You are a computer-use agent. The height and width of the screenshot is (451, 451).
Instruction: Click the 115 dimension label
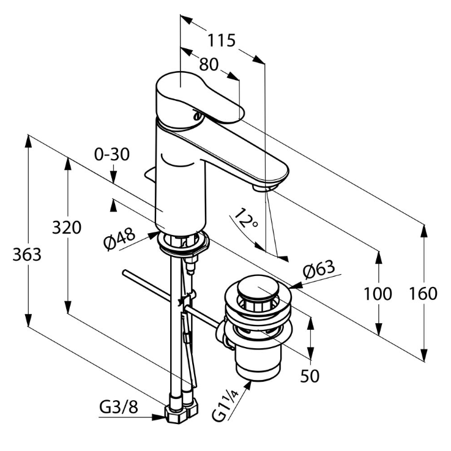221,40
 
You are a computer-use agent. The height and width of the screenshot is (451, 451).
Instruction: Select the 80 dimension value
209,64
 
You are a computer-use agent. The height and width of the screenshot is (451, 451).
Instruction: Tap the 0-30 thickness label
112,155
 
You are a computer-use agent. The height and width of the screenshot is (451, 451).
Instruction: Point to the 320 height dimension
67,228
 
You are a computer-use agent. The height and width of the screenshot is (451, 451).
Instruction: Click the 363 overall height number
27,255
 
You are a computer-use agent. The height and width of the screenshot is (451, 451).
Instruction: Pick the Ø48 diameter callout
119,239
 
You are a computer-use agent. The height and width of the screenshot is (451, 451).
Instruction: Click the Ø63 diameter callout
319,269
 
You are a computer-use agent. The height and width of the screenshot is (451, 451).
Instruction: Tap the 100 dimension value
378,294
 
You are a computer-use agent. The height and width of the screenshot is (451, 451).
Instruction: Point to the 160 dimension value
423,294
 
